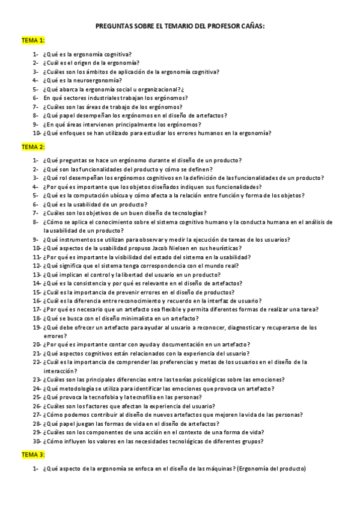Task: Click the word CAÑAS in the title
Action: pyautogui.click(x=251, y=26)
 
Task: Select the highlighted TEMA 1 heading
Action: pyautogui.click(x=33, y=40)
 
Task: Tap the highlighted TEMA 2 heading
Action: pyautogui.click(x=33, y=147)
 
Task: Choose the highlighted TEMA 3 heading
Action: pyautogui.click(x=33, y=455)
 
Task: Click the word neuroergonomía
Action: pyautogui.click(x=99, y=80)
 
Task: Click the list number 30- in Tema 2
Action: pyautogui.click(x=37, y=441)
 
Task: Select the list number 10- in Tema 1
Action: pyautogui.click(x=37, y=133)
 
